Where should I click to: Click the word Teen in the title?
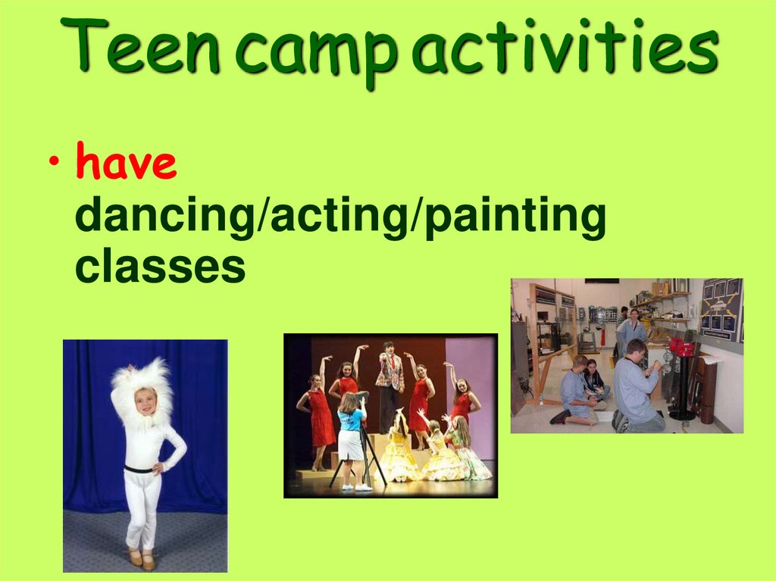143,47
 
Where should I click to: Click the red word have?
127,165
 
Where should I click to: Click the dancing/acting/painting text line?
340,218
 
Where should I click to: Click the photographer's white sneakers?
354,486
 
